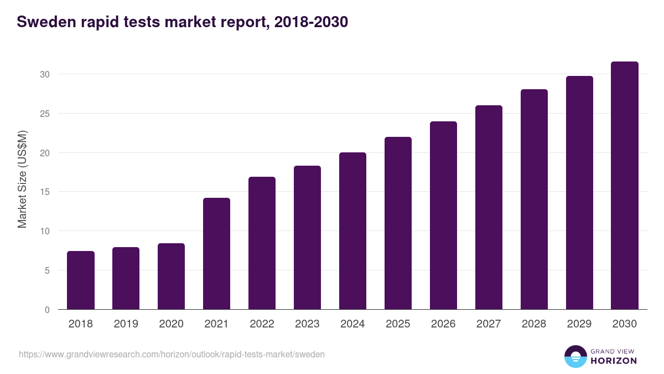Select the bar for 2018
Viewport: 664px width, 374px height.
coord(81,280)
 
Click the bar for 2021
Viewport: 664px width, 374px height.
coord(216,254)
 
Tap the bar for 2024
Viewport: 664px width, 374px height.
coord(352,231)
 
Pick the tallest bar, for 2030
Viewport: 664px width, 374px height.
coord(625,186)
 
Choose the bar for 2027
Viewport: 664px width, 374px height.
coord(489,207)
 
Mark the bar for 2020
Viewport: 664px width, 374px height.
coord(171,276)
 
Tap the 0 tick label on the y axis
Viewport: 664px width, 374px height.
coord(48,310)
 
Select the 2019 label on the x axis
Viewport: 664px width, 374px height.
coord(126,324)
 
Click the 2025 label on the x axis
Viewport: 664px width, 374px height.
coord(398,324)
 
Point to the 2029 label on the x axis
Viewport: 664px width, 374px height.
coord(579,324)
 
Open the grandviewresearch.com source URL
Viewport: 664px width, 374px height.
coord(172,354)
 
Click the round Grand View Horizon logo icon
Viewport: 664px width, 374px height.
coord(575,356)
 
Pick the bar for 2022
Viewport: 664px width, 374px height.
coord(262,243)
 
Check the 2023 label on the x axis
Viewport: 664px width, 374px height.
coord(307,324)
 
